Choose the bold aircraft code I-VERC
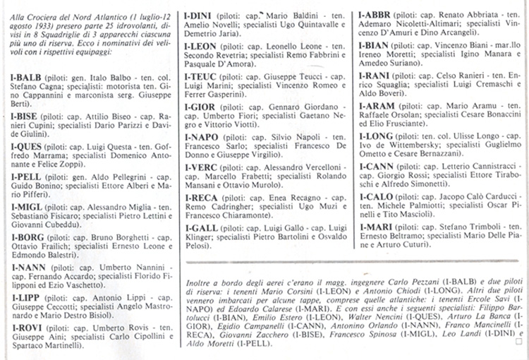(202, 167)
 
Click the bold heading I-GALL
(202, 228)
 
